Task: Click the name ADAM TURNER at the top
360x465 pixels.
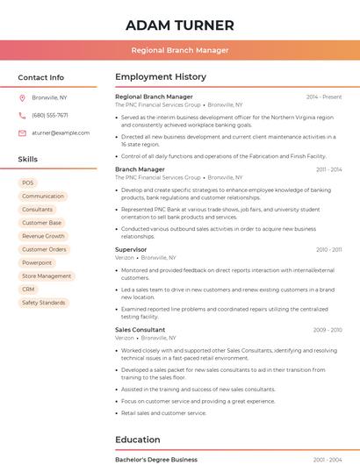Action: [180, 25]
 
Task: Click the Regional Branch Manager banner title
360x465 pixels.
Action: [180, 50]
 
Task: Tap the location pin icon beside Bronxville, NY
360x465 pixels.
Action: [22, 98]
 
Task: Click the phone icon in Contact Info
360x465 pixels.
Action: [22, 116]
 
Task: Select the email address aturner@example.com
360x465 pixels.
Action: [61, 133]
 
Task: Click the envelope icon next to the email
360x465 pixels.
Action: [22, 133]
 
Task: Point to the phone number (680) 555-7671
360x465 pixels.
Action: [50, 116]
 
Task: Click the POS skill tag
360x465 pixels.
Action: [28, 183]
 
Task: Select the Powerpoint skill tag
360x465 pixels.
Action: [37, 263]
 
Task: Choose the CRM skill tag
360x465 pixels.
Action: [28, 290]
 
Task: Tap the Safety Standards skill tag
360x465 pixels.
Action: [43, 303]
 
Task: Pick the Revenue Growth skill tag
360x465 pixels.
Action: [43, 236]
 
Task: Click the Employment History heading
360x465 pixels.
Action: [161, 77]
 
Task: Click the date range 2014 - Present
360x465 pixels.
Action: [324, 97]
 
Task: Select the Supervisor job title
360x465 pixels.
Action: [131, 249]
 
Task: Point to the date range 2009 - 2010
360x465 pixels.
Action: [328, 330]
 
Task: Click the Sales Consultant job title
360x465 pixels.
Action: [140, 330]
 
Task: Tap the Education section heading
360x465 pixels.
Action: [138, 440]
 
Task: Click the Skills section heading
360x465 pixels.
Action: [28, 160]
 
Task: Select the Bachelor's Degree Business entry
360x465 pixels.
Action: [156, 459]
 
